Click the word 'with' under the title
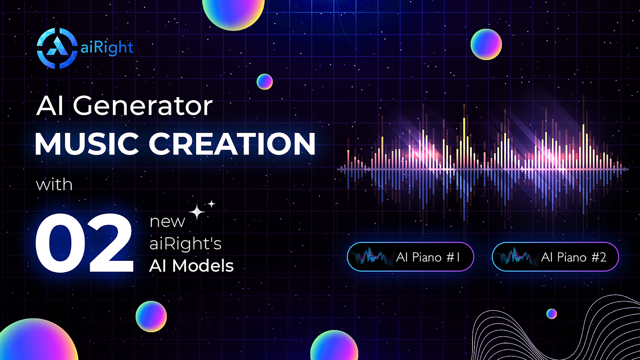coord(54,185)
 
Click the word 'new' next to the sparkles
coord(167,222)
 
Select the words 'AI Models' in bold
coord(191,265)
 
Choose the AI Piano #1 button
coord(410,257)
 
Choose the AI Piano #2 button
coord(555,257)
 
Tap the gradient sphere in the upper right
coord(486,44)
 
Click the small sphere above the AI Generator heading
coord(264,81)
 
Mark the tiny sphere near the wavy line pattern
coord(551,313)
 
